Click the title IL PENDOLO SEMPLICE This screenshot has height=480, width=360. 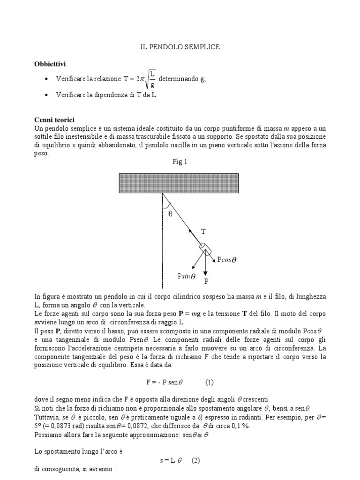point(180,47)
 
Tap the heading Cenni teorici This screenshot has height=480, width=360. point(54,120)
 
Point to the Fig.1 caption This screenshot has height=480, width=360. point(180,162)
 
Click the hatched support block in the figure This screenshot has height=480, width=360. point(180,183)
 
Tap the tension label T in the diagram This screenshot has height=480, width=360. point(203,231)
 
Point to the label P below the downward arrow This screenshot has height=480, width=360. point(206,282)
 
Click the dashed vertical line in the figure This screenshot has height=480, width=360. point(162,244)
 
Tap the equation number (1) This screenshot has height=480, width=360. point(210,369)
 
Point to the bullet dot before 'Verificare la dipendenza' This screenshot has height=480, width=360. point(45,95)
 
